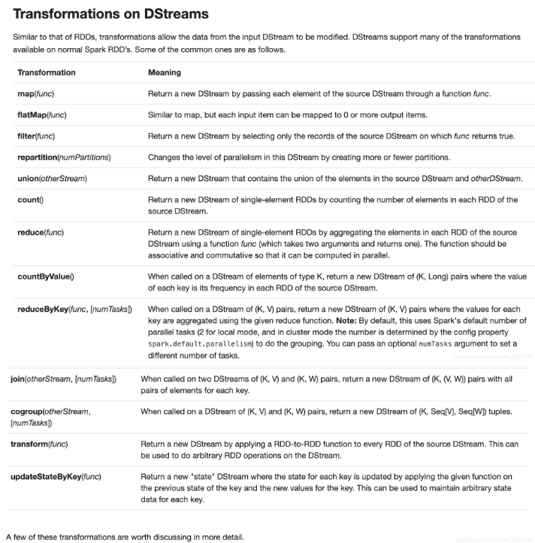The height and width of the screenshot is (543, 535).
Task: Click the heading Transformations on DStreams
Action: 111,14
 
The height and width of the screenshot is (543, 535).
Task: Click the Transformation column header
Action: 47,73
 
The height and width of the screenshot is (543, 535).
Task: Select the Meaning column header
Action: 165,73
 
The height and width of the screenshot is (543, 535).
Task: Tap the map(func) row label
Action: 36,94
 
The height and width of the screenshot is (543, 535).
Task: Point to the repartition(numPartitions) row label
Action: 64,157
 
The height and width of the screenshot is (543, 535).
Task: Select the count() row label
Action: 31,199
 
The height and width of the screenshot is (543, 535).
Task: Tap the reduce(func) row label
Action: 41,234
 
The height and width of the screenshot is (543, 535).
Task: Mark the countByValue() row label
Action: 46,276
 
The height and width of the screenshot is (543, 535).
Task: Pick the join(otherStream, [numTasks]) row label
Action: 62,379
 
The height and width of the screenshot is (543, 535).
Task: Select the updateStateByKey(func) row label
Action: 56,477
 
